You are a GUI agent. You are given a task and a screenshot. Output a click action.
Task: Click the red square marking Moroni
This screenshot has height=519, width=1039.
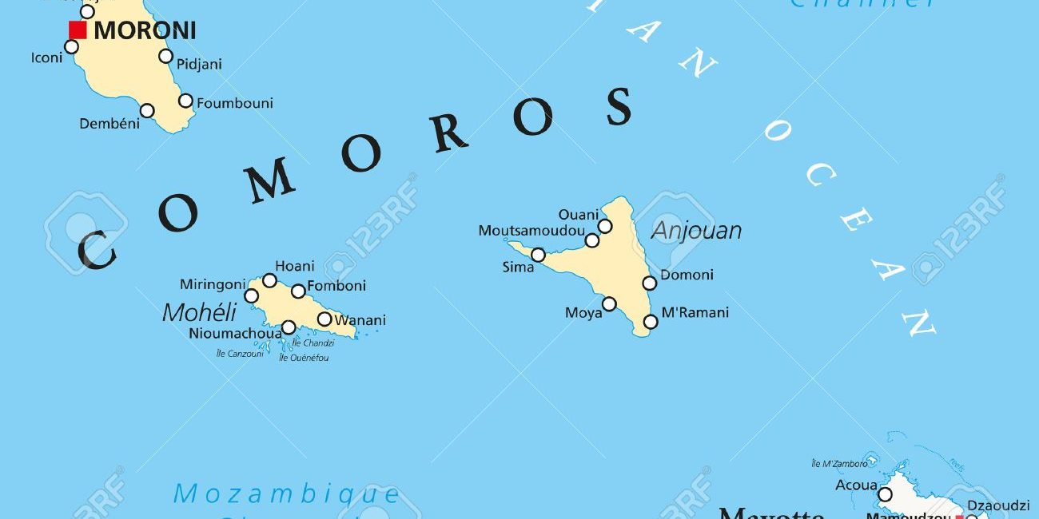tap(78, 30)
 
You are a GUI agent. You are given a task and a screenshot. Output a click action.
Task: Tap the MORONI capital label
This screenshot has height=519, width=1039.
tap(145, 31)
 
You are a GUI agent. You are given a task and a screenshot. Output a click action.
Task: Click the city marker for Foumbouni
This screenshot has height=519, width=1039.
tap(185, 101)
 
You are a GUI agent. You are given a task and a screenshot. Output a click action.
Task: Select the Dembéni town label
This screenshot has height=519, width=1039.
tap(109, 124)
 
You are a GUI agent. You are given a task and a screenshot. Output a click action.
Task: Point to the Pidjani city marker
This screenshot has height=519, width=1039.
tap(165, 56)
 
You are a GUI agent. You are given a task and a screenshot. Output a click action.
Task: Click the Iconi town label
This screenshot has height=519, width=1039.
tap(46, 57)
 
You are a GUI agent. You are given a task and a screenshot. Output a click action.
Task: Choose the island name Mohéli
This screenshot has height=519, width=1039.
tap(200, 312)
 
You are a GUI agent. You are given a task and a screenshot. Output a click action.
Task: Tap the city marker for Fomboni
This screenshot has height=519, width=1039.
tap(298, 291)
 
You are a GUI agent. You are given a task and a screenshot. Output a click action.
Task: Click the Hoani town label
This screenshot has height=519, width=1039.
tap(295, 266)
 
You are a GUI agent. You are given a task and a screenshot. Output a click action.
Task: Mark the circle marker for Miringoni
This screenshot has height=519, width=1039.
tap(251, 296)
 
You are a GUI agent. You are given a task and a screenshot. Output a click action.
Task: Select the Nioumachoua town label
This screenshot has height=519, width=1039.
tap(235, 333)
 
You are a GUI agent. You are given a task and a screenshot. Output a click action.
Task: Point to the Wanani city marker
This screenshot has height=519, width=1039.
tap(324, 319)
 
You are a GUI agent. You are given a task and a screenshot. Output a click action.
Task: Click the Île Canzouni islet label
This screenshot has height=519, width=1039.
tap(240, 354)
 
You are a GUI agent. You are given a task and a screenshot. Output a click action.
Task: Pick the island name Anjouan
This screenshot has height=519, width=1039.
tap(696, 231)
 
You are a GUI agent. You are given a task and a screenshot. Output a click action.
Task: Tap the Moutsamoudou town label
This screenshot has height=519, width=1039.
tap(531, 231)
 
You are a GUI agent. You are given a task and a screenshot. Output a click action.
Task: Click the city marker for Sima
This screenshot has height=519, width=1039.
tap(538, 255)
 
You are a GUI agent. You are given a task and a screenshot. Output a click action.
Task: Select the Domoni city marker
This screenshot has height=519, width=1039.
tap(649, 283)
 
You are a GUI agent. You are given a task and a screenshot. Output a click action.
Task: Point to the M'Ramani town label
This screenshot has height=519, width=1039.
tap(695, 312)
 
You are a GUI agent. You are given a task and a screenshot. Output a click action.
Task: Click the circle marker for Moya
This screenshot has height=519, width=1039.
tap(609, 303)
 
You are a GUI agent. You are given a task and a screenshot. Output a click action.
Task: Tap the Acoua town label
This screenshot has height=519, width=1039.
tap(856, 485)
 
